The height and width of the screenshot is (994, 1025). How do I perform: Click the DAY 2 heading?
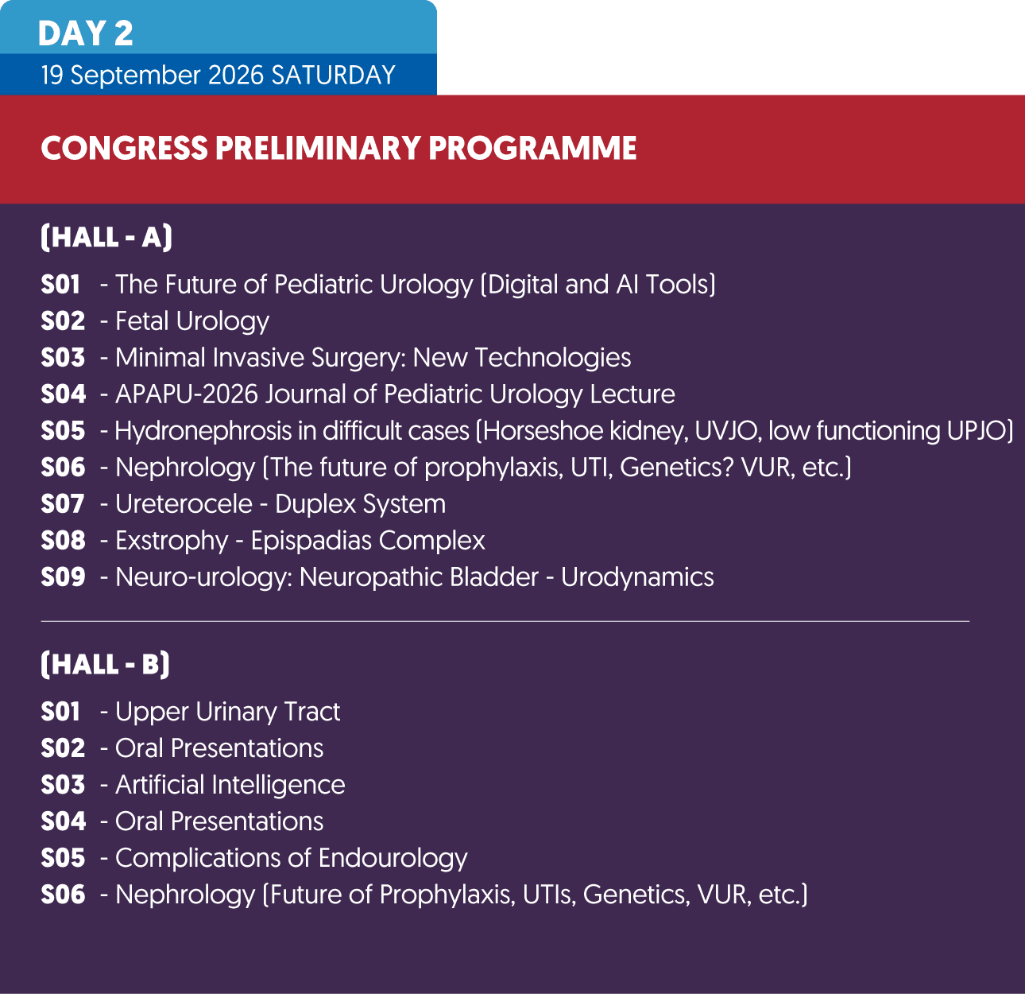(x=85, y=33)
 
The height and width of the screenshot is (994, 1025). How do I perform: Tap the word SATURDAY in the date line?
(x=333, y=75)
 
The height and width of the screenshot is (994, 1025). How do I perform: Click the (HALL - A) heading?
(x=106, y=237)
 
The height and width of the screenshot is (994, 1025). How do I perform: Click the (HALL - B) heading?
(x=105, y=664)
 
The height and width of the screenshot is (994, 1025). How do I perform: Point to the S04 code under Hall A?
(x=63, y=394)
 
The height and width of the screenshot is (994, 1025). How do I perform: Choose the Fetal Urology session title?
(x=192, y=321)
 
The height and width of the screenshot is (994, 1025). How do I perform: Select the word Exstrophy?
(x=172, y=541)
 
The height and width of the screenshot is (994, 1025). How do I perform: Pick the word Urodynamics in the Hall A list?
(x=637, y=577)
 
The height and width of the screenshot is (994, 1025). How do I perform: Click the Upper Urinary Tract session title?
(x=227, y=712)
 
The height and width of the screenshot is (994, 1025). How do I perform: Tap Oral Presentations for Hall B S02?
(x=219, y=748)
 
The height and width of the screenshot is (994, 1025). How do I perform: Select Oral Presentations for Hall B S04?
(x=219, y=821)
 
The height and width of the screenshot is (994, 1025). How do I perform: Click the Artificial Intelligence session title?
(x=230, y=785)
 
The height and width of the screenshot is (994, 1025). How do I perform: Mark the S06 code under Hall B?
(x=63, y=895)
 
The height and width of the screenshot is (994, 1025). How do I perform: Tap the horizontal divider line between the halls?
(x=505, y=620)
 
